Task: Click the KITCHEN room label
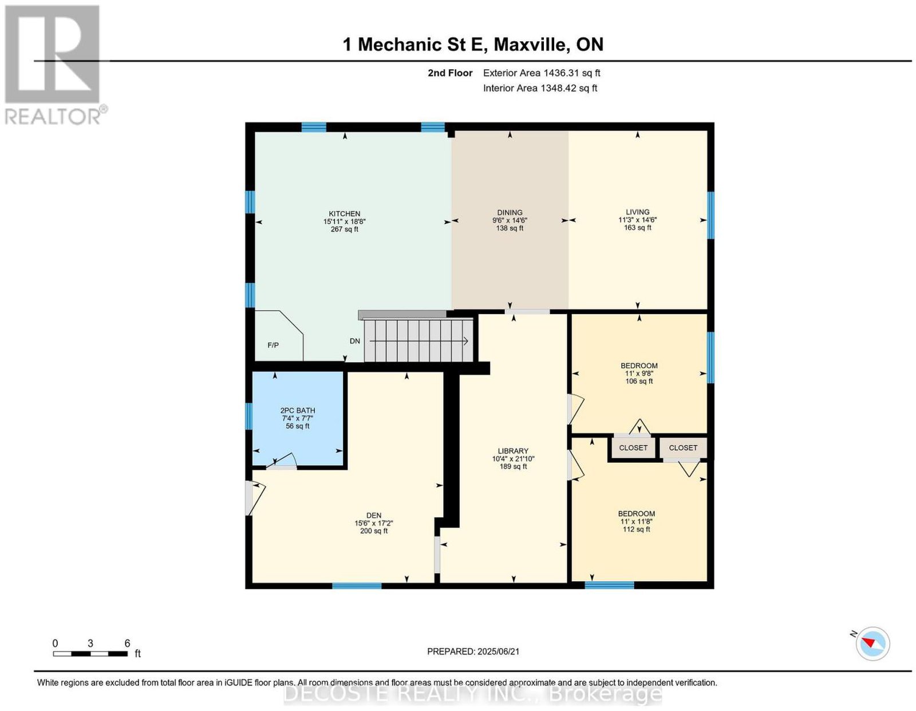click(345, 213)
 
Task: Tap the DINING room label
click(510, 213)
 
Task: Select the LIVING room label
click(637, 212)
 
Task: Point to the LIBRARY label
click(513, 451)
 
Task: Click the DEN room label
click(373, 516)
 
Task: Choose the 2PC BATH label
click(298, 411)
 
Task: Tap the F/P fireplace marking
click(273, 345)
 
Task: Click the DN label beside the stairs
click(355, 341)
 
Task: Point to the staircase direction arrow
click(418, 341)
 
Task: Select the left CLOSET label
click(633, 448)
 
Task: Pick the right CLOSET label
click(683, 448)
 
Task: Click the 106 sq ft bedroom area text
click(639, 382)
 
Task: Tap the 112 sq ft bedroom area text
click(637, 529)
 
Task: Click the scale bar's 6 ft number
click(127, 644)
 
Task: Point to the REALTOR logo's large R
click(52, 54)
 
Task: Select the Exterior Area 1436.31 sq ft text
click(542, 73)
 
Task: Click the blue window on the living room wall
click(710, 215)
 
